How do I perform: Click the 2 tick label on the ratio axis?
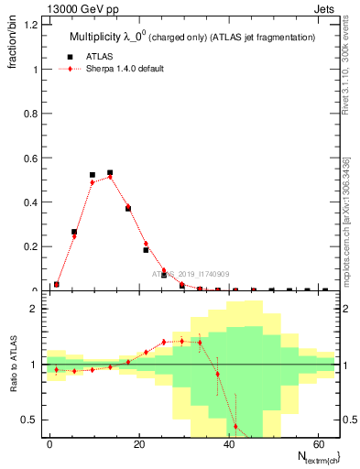[34, 309]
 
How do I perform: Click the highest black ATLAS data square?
[110, 172]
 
